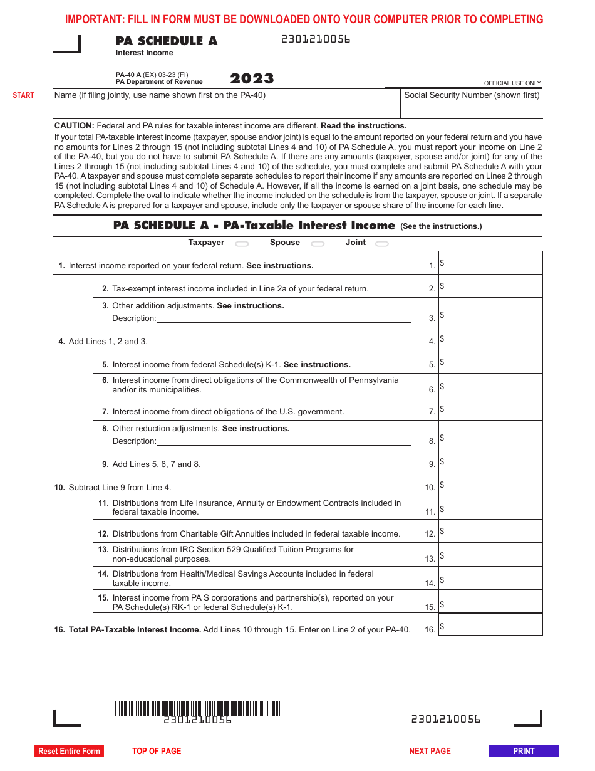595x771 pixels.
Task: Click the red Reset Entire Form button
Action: tap(69, 751)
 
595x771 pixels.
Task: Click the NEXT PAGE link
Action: tap(430, 751)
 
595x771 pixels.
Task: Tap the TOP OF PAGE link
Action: tap(157, 751)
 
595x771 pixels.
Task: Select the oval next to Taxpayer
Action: tap(242, 244)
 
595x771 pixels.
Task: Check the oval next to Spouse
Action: tap(318, 244)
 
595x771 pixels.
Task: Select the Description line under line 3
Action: tap(284, 318)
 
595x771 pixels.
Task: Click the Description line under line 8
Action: tap(284, 441)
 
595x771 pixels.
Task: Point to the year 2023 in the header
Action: tap(252, 78)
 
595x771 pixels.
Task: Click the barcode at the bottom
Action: tap(197, 708)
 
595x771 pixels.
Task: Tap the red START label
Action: tap(24, 95)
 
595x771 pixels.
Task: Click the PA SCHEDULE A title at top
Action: tap(167, 41)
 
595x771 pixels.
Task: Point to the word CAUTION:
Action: tap(75, 126)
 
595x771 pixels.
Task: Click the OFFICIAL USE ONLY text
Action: tap(512, 83)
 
